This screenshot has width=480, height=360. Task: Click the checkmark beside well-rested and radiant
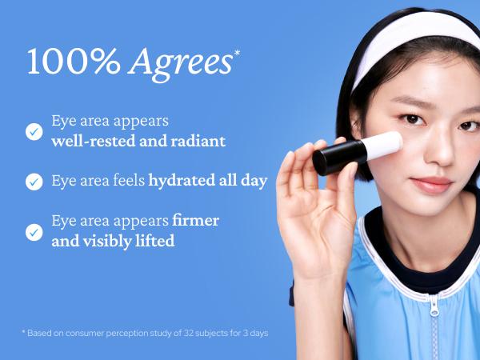[34, 131]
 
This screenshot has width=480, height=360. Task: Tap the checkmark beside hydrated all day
[34, 182]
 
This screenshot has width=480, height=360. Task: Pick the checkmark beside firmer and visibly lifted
[34, 231]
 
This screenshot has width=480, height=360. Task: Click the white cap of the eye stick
[386, 144]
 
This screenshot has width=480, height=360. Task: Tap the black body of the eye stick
[336, 158]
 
